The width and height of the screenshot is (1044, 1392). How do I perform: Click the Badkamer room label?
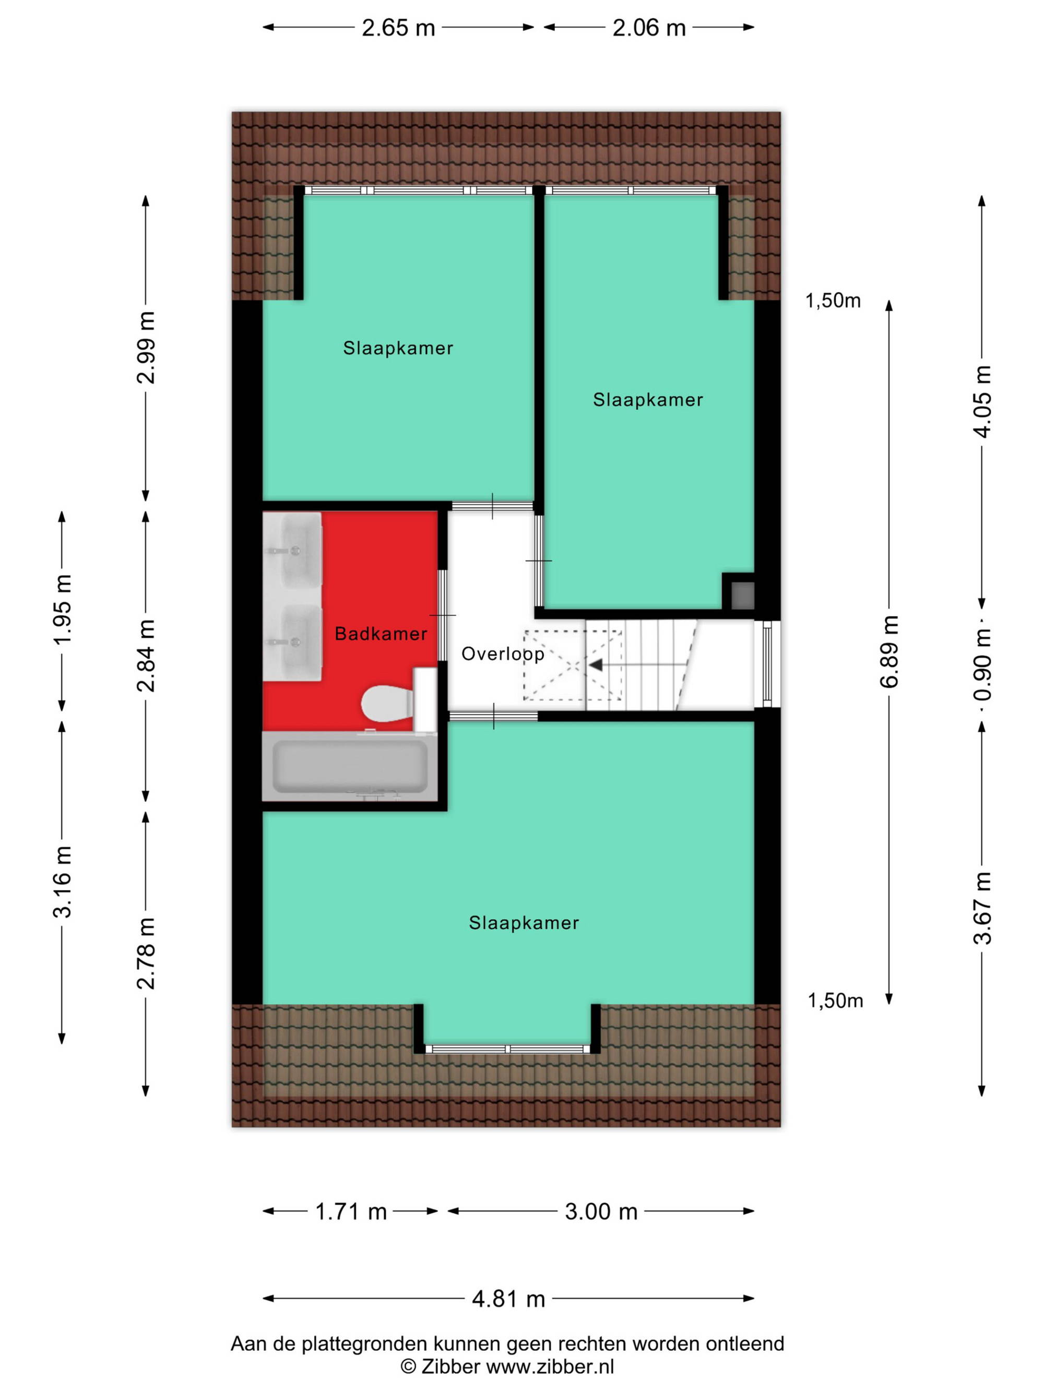[x=381, y=634]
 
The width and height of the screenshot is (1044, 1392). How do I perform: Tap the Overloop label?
[x=503, y=654]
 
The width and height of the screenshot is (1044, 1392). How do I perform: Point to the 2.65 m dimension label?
[x=398, y=28]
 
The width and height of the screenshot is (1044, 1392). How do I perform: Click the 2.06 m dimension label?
[x=649, y=28]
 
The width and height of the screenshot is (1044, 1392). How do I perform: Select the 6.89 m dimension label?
[x=889, y=651]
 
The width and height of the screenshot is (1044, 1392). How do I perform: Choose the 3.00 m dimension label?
[x=601, y=1211]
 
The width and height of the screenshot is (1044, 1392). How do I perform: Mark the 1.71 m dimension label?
[x=350, y=1211]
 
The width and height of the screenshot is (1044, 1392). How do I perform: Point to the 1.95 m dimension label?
[x=62, y=609]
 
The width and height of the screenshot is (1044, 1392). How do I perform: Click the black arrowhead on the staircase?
[x=595, y=664]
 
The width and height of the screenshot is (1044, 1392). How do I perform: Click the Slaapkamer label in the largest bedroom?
[x=524, y=923]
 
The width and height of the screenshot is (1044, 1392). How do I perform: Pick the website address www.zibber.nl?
[x=550, y=1366]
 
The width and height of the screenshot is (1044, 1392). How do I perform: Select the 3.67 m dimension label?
[x=982, y=909]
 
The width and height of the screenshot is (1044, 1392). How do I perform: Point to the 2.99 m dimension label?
[x=146, y=348]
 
